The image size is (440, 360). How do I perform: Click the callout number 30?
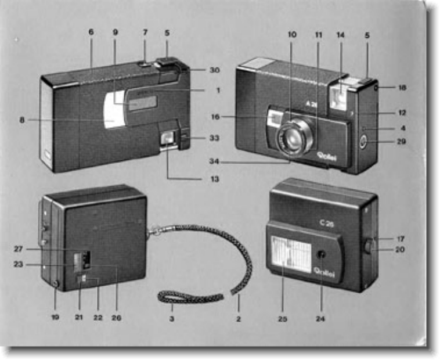pos(215,70)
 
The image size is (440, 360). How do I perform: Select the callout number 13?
pos(215,179)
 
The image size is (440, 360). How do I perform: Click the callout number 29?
pos(401,141)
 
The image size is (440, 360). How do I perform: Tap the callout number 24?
pos(321,318)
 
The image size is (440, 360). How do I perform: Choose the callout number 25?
pos(283,318)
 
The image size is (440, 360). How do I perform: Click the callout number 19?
pos(55,318)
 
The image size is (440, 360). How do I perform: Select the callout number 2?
pos(238,318)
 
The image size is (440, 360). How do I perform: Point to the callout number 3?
pos(172,318)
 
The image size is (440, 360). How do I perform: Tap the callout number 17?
pos(401,239)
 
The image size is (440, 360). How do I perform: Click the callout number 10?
pos(291,34)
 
